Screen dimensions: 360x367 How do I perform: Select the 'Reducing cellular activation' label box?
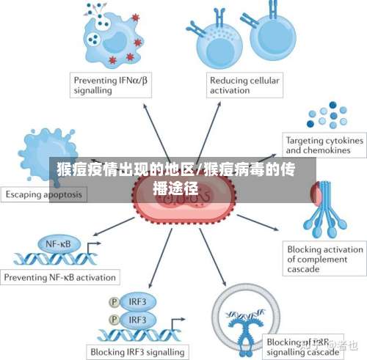tap(243, 85)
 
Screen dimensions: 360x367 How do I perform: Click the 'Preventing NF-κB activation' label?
tap(60, 278)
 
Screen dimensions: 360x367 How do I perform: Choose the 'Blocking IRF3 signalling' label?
tap(138, 351)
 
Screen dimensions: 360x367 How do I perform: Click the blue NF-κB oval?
tap(59, 243)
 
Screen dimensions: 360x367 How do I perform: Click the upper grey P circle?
tap(114, 301)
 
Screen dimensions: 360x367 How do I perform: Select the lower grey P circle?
tap(114, 320)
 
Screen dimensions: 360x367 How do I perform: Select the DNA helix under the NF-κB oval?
tap(56, 258)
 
